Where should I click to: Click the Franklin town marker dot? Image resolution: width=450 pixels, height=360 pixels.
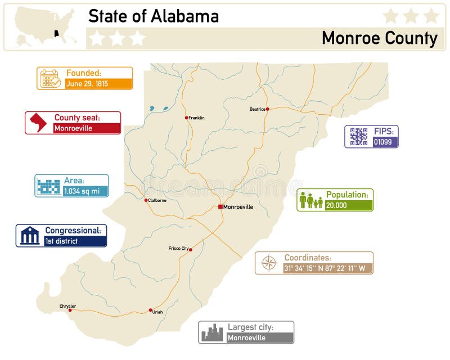tap(187, 118)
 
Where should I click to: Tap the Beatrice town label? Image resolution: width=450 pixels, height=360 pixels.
tap(257, 109)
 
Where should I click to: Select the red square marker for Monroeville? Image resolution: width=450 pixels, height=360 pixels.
tap(220, 206)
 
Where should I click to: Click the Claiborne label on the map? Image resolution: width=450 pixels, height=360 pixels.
tap(157, 200)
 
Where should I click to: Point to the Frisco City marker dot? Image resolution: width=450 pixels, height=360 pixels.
tap(191, 249)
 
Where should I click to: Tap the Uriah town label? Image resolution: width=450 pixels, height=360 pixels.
tap(157, 312)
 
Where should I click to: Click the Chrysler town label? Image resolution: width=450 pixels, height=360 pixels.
tap(67, 306)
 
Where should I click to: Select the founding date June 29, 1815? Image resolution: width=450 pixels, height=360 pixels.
tap(98, 83)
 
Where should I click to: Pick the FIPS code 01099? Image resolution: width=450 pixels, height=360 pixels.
tap(385, 142)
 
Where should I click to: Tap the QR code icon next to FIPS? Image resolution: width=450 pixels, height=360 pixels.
tap(358, 136)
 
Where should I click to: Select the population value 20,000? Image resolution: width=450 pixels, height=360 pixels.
tap(348, 205)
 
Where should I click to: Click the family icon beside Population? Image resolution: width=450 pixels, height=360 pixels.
tap(311, 200)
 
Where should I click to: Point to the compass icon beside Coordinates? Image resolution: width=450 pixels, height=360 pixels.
tap(269, 263)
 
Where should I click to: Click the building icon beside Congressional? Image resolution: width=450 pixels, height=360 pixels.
tap(30, 236)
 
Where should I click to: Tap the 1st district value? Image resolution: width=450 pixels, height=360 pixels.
tap(75, 241)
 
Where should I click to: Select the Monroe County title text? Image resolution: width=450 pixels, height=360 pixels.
tap(379, 38)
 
